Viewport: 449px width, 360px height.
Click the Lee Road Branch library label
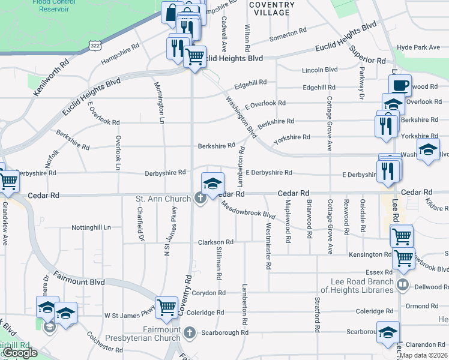tap(360, 286)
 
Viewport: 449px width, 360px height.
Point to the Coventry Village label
tap(272, 8)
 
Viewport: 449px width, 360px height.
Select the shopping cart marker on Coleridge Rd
tap(167, 307)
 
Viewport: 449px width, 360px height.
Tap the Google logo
tap(20, 353)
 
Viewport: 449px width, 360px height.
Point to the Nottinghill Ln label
tap(91, 228)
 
